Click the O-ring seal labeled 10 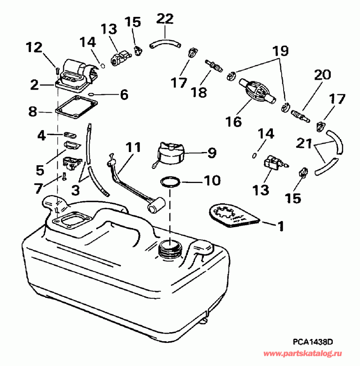point(170,181)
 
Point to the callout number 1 point(280,226)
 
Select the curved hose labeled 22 point(165,43)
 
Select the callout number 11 point(133,147)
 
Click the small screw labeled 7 point(64,178)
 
